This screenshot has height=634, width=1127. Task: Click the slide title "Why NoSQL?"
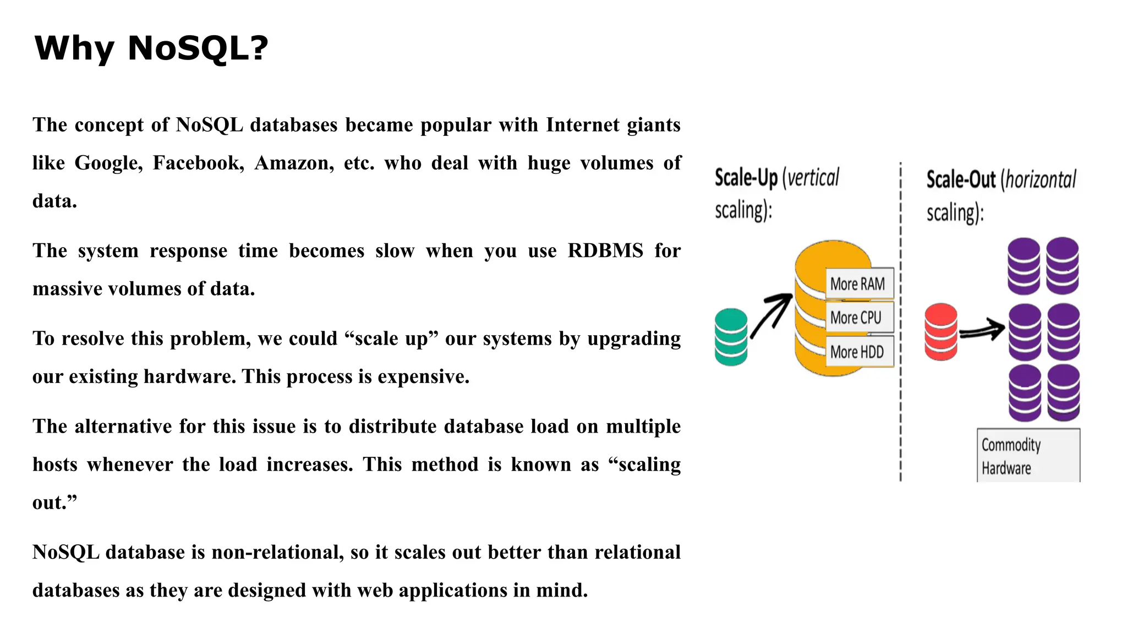pos(151,48)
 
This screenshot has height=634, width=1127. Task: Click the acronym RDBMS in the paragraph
pos(605,251)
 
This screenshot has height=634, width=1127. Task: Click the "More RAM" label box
pos(858,284)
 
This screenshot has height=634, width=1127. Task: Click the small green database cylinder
pos(731,337)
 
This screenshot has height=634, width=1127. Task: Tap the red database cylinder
pos(941,331)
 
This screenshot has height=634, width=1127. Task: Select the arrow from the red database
pos(982,330)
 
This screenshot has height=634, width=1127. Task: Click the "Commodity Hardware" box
pos(1028,456)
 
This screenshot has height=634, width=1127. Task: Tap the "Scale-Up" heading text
pos(746,178)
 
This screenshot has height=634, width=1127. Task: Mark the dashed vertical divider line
pos(900,385)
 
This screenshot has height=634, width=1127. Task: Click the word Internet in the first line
pos(582,125)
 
